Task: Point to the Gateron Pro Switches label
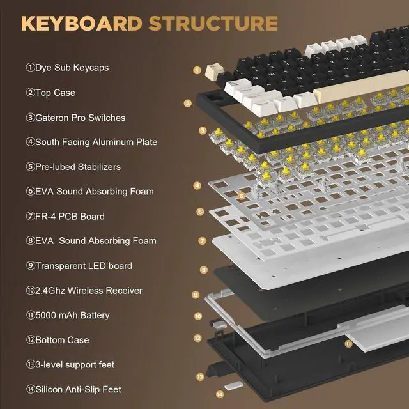(75, 118)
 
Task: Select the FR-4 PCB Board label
(65, 216)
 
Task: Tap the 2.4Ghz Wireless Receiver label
(84, 291)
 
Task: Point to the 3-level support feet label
(70, 365)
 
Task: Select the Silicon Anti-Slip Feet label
(73, 389)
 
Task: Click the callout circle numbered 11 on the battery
(348, 343)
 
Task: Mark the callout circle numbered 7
(202, 241)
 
